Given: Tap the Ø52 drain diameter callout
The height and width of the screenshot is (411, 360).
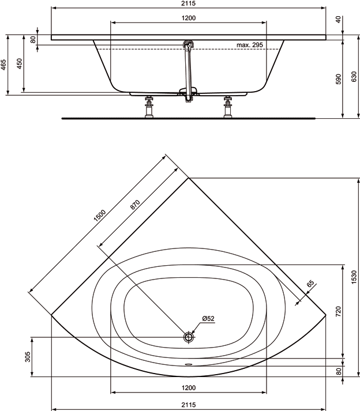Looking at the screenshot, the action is [x=208, y=319].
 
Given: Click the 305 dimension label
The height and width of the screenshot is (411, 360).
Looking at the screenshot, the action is [x=27, y=357].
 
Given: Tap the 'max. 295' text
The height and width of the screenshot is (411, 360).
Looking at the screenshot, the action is [x=249, y=45].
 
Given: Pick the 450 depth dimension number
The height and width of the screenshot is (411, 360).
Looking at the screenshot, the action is [x=20, y=63].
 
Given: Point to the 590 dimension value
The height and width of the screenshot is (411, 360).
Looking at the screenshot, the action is [x=339, y=78].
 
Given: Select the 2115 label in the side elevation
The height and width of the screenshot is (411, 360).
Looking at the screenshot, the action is [x=189, y=4].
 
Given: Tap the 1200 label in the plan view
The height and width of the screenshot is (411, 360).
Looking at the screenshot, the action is [x=189, y=387].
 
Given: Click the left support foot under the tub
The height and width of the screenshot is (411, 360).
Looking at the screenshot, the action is [x=150, y=107].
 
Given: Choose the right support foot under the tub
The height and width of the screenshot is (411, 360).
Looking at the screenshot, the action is [x=228, y=107].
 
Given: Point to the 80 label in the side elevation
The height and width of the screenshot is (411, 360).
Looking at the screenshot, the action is [x=33, y=39].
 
